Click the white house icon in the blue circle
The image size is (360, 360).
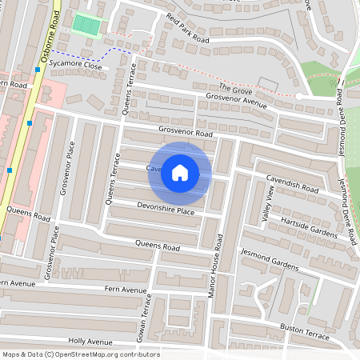[180, 172]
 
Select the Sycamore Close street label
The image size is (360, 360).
[74, 66]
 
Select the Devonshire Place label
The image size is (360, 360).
[166, 210]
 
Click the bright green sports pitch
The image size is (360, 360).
[86, 24]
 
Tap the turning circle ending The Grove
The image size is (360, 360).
[298, 96]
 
